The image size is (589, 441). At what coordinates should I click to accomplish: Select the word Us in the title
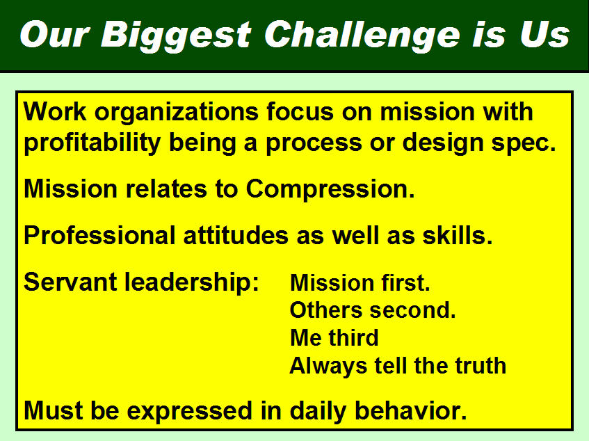tap(544, 35)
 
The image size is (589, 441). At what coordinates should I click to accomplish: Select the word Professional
tap(99, 236)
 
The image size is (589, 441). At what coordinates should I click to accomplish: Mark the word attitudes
tap(236, 236)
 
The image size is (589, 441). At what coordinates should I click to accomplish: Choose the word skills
tap(457, 236)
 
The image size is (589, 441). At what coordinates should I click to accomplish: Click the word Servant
tap(70, 282)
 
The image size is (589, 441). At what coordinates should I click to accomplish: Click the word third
tap(353, 337)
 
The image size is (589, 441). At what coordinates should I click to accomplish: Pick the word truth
tap(481, 365)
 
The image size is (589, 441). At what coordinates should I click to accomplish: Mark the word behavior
tap(410, 410)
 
